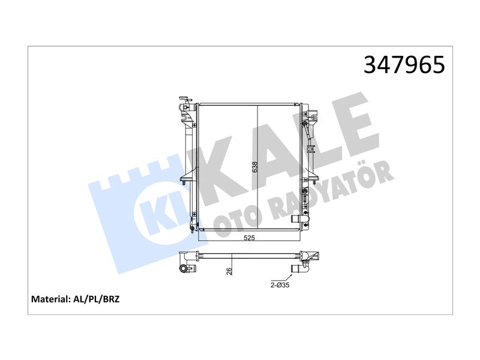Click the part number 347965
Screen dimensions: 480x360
404,65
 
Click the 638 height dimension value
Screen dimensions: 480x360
254,167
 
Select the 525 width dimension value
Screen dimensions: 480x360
249,238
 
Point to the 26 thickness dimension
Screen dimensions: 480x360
229,271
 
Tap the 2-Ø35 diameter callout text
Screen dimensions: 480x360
280,286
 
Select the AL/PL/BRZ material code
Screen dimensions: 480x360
97,299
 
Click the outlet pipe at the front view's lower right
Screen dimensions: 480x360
299,220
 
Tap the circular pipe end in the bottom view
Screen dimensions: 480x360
184,268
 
